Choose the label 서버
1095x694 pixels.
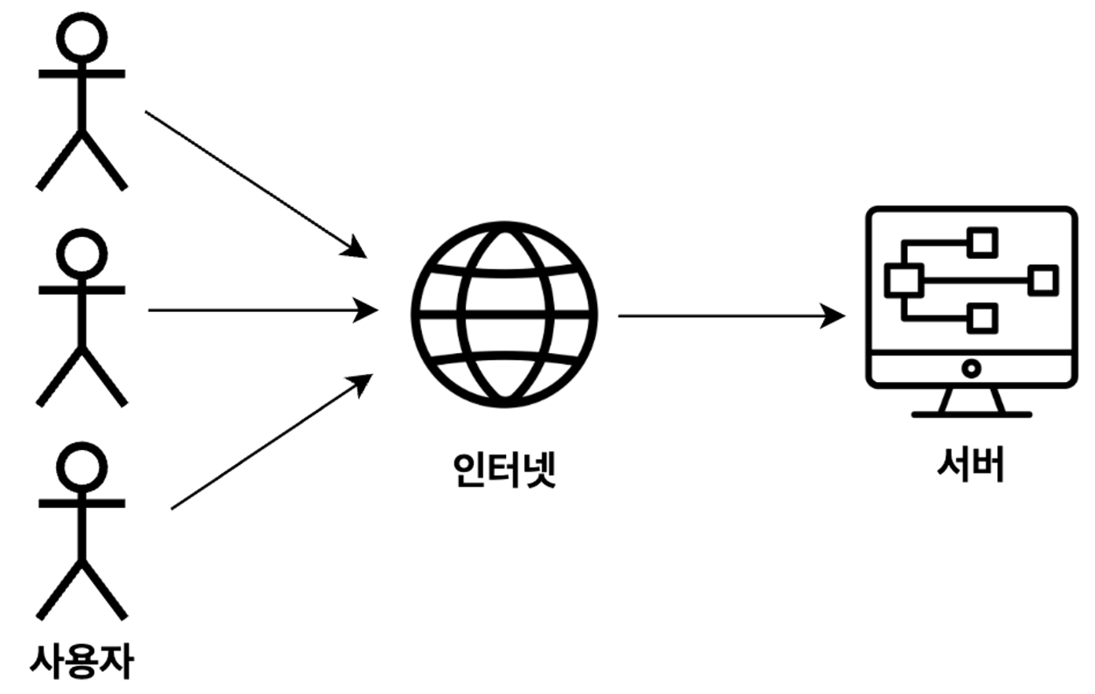point(970,466)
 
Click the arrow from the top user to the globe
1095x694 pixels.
point(253,183)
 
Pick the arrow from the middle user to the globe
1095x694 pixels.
point(262,309)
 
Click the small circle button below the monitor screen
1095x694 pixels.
point(970,368)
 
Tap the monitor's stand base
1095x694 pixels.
point(971,413)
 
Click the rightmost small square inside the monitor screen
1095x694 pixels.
point(1043,281)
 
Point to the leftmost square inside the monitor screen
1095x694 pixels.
point(898,281)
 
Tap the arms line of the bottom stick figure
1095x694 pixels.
point(81,503)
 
